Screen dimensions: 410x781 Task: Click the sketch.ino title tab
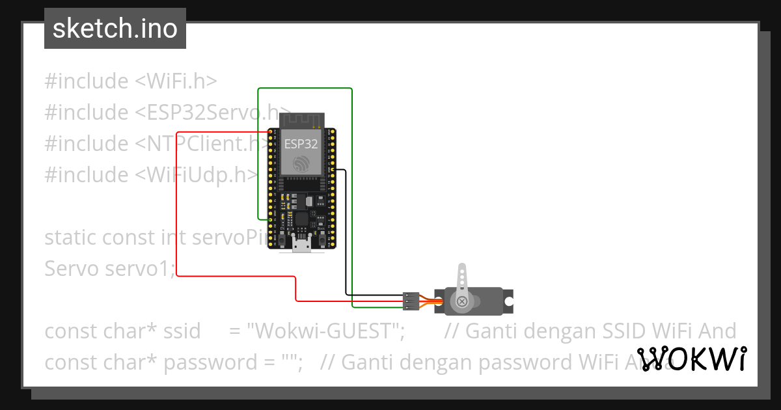click(x=115, y=29)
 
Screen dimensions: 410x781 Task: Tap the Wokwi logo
click(x=691, y=359)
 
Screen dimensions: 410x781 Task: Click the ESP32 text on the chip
click(x=301, y=143)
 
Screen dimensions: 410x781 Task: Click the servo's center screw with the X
click(x=461, y=301)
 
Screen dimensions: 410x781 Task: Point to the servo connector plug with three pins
click(x=411, y=301)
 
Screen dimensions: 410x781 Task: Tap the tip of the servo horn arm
click(x=462, y=267)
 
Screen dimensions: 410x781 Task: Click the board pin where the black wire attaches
click(x=333, y=170)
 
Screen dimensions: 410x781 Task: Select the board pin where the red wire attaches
click(x=269, y=133)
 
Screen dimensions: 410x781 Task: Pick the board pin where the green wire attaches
click(x=269, y=219)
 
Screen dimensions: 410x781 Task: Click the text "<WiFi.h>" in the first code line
click(x=176, y=81)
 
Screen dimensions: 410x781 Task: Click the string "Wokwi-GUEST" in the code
click(x=323, y=331)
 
